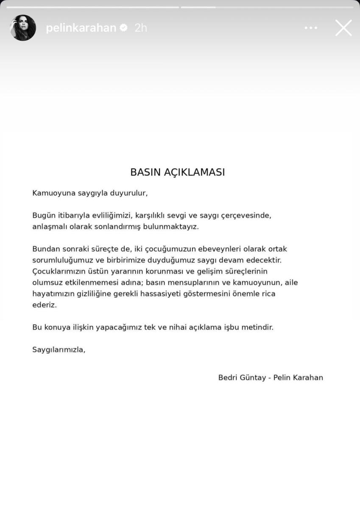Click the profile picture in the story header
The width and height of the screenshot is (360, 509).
click(23, 28)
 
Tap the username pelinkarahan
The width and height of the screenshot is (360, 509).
click(81, 28)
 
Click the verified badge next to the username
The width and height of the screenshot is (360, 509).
click(123, 28)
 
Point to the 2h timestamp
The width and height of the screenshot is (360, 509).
click(140, 28)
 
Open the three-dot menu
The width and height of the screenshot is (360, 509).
click(311, 28)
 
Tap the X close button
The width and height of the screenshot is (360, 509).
click(343, 28)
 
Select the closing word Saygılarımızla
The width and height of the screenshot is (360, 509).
click(59, 350)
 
